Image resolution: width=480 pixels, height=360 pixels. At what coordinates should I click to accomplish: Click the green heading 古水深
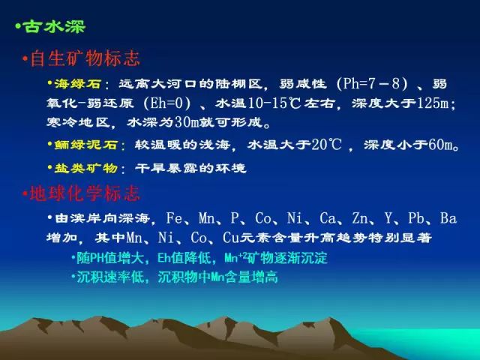pos(54,26)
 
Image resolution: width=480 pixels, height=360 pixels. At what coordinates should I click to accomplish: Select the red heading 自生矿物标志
pos(85,58)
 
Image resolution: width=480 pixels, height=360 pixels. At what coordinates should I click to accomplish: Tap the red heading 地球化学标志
pos(85,193)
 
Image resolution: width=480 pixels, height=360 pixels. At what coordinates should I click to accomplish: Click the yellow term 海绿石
pos(78,83)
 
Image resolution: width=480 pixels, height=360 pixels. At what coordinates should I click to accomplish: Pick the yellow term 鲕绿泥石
pos(85,145)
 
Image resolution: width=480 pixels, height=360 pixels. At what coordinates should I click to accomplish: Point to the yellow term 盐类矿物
pos(85,168)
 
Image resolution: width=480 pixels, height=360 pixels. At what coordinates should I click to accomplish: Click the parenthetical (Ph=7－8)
pos(372,83)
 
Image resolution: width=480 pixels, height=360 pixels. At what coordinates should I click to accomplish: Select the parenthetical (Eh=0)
pos(166,103)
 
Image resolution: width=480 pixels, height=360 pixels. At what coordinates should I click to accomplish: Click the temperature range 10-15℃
pos(274,103)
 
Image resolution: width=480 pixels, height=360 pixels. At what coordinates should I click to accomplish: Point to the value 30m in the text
pos(187,123)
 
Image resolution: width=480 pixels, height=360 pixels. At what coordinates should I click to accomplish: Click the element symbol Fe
pos(174,218)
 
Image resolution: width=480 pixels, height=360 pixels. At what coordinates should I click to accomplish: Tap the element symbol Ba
pos(448,218)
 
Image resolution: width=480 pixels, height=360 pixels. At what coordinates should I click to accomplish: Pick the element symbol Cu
pos(231,238)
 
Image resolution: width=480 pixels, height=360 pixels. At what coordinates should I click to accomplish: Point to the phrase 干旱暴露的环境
pos(190,168)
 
